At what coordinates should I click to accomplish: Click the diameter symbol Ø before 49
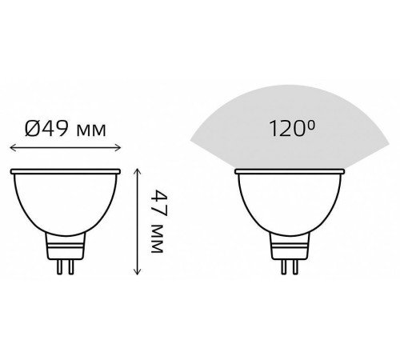[x=32, y=129]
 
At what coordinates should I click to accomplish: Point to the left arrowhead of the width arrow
[x=14, y=147]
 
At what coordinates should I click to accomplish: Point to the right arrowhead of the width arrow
[x=118, y=147]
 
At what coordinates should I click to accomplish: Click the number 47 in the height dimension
[x=159, y=203]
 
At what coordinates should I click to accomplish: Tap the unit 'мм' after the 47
[x=157, y=239]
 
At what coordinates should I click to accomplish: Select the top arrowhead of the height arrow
[x=137, y=171]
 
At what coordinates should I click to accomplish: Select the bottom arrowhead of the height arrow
[x=137, y=271]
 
